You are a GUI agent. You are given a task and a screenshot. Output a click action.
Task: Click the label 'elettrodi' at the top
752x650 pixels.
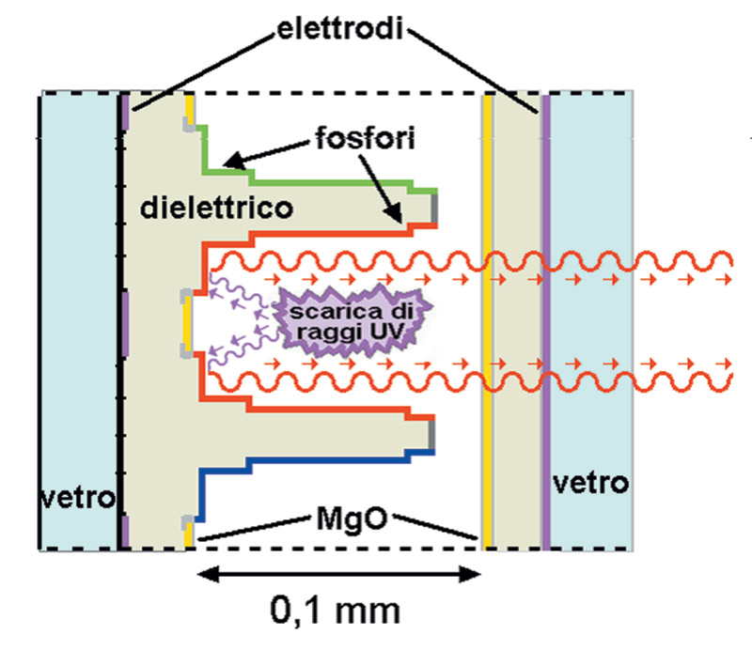click(340, 29)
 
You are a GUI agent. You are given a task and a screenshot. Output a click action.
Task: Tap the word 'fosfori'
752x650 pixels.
click(365, 138)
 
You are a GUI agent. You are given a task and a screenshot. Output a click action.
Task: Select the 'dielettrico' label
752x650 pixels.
click(216, 208)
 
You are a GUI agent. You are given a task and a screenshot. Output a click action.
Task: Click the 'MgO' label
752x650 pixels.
click(352, 518)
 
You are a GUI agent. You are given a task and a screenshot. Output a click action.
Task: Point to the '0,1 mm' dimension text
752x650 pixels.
click(336, 611)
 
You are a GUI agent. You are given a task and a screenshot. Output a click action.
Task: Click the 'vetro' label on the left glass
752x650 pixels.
click(77, 499)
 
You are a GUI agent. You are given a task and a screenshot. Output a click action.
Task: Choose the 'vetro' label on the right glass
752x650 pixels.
click(591, 483)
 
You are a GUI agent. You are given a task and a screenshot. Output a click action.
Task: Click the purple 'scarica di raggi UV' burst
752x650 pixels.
click(352, 319)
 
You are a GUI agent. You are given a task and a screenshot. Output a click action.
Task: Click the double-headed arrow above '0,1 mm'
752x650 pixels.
click(339, 574)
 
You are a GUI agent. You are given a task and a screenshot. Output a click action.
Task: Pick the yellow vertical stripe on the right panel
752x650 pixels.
click(488, 321)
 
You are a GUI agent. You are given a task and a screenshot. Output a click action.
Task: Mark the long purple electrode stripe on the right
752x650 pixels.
click(546, 321)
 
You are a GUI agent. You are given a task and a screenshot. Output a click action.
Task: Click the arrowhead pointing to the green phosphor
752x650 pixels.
click(234, 160)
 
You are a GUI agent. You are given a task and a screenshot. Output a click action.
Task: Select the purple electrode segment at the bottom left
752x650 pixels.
click(125, 532)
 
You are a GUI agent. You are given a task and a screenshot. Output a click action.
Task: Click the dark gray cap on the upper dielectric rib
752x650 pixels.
click(434, 208)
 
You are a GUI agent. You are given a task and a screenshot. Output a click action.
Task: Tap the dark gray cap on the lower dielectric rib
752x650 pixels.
click(432, 435)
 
